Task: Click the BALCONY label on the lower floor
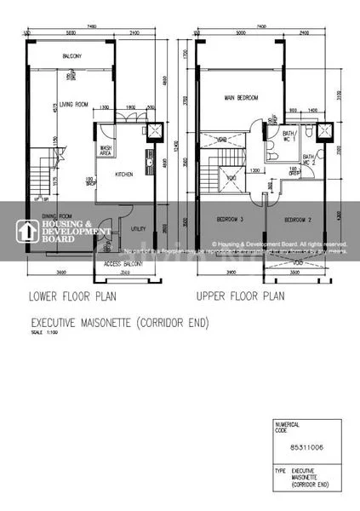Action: (71, 57)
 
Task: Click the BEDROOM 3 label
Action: (230, 220)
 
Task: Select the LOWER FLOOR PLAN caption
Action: (73, 297)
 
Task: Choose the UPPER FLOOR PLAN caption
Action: (239, 297)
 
